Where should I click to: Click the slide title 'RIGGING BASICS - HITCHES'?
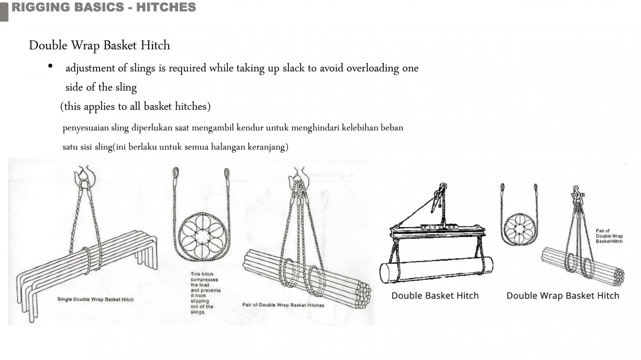pyautogui.click(x=104, y=7)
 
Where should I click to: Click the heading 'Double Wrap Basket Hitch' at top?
pyautogui.click(x=99, y=45)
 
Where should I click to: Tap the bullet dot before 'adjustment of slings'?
pyautogui.click(x=50, y=67)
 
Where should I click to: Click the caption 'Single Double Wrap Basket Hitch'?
pyautogui.click(x=95, y=299)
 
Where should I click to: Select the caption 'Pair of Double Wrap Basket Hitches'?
pyautogui.click(x=283, y=305)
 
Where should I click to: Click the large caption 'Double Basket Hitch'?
pyautogui.click(x=435, y=295)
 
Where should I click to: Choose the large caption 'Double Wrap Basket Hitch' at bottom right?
pyautogui.click(x=563, y=295)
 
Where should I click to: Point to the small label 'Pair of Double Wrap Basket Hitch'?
pyautogui.click(x=609, y=236)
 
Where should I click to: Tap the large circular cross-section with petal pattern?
pyautogui.click(x=202, y=236)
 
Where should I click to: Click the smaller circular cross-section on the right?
pyautogui.click(x=519, y=229)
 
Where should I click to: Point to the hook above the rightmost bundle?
pyautogui.click(x=578, y=194)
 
